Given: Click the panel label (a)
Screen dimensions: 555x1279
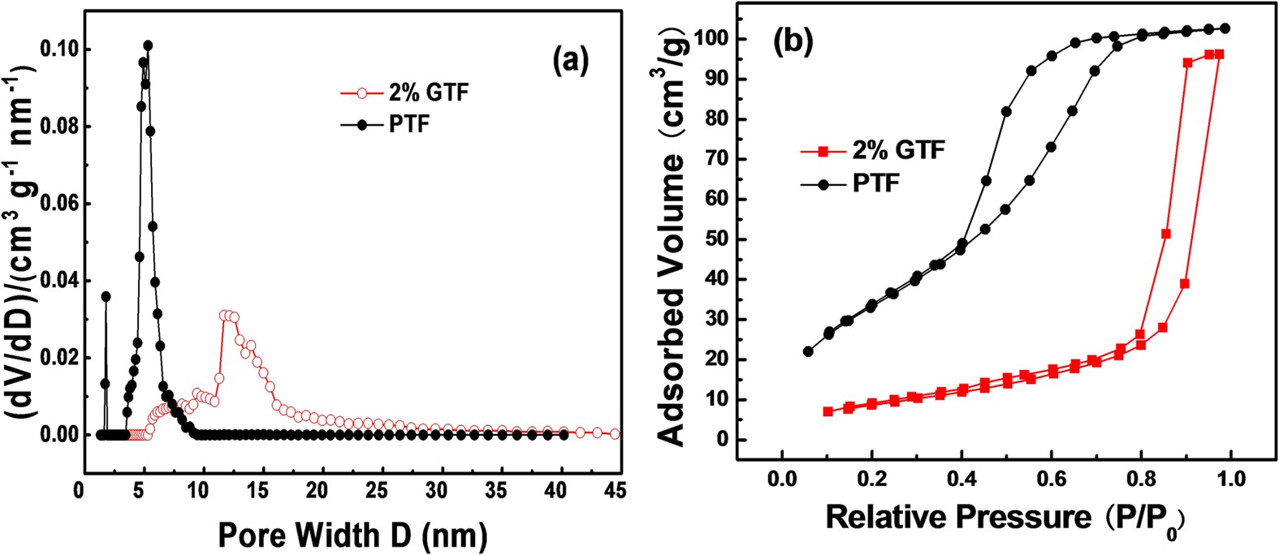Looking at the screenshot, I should click(x=569, y=61).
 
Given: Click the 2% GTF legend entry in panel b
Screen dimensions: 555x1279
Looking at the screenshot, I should click(x=897, y=151).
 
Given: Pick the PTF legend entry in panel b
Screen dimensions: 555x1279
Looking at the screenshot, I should click(x=875, y=185).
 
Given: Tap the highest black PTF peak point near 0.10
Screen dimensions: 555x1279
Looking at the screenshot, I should click(x=147, y=45).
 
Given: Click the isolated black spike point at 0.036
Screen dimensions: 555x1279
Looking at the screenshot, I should click(x=106, y=296).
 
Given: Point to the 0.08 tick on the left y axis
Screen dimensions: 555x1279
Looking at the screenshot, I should click(x=54, y=127).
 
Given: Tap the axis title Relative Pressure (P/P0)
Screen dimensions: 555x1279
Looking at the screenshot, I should click(x=1004, y=518).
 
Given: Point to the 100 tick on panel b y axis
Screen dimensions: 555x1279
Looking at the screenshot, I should click(x=716, y=39).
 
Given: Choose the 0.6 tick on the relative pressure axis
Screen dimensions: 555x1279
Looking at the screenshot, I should click(x=1051, y=478).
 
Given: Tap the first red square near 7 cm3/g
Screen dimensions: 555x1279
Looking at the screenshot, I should click(x=828, y=411).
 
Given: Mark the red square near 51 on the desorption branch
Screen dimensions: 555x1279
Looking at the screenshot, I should click(x=1166, y=234).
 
